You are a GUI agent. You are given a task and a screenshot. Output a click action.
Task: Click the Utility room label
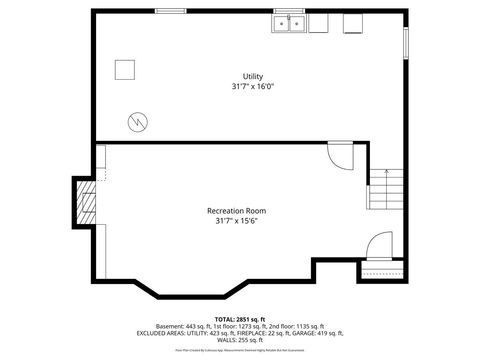pyautogui.click(x=253, y=77)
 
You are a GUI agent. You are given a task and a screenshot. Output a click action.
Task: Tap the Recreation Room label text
pyautogui.click(x=236, y=210)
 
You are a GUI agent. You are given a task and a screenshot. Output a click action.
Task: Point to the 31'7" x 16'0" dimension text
pyautogui.click(x=253, y=86)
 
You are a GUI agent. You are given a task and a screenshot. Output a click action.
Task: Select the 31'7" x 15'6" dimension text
pyautogui.click(x=236, y=220)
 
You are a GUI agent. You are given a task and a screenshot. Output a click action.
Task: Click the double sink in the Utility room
pyautogui.click(x=291, y=24)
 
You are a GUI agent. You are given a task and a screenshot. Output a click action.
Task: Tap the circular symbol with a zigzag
pyautogui.click(x=136, y=122)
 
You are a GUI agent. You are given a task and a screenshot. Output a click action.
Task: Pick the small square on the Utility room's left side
pyautogui.click(x=124, y=71)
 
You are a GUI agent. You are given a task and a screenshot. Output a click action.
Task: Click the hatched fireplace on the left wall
pyautogui.click(x=87, y=204)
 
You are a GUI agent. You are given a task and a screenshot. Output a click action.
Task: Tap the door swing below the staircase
pyautogui.click(x=380, y=246)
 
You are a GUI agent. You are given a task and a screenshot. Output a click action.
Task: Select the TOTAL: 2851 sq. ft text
pyautogui.click(x=239, y=320)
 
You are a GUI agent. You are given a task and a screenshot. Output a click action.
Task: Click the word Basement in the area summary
pyautogui.click(x=170, y=327)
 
